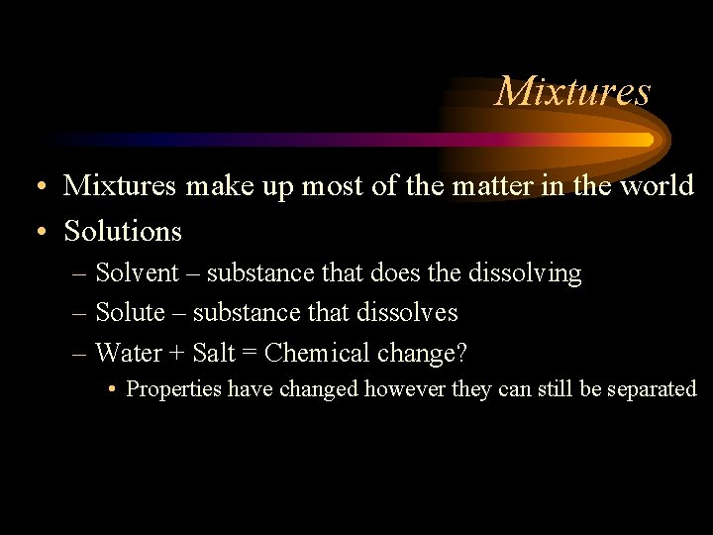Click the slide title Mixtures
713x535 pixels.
(572, 91)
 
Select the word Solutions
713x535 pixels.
(123, 232)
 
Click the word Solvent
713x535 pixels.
(137, 272)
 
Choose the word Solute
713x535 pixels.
(130, 312)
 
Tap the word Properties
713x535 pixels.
(174, 389)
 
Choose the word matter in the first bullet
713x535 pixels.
(487, 186)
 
